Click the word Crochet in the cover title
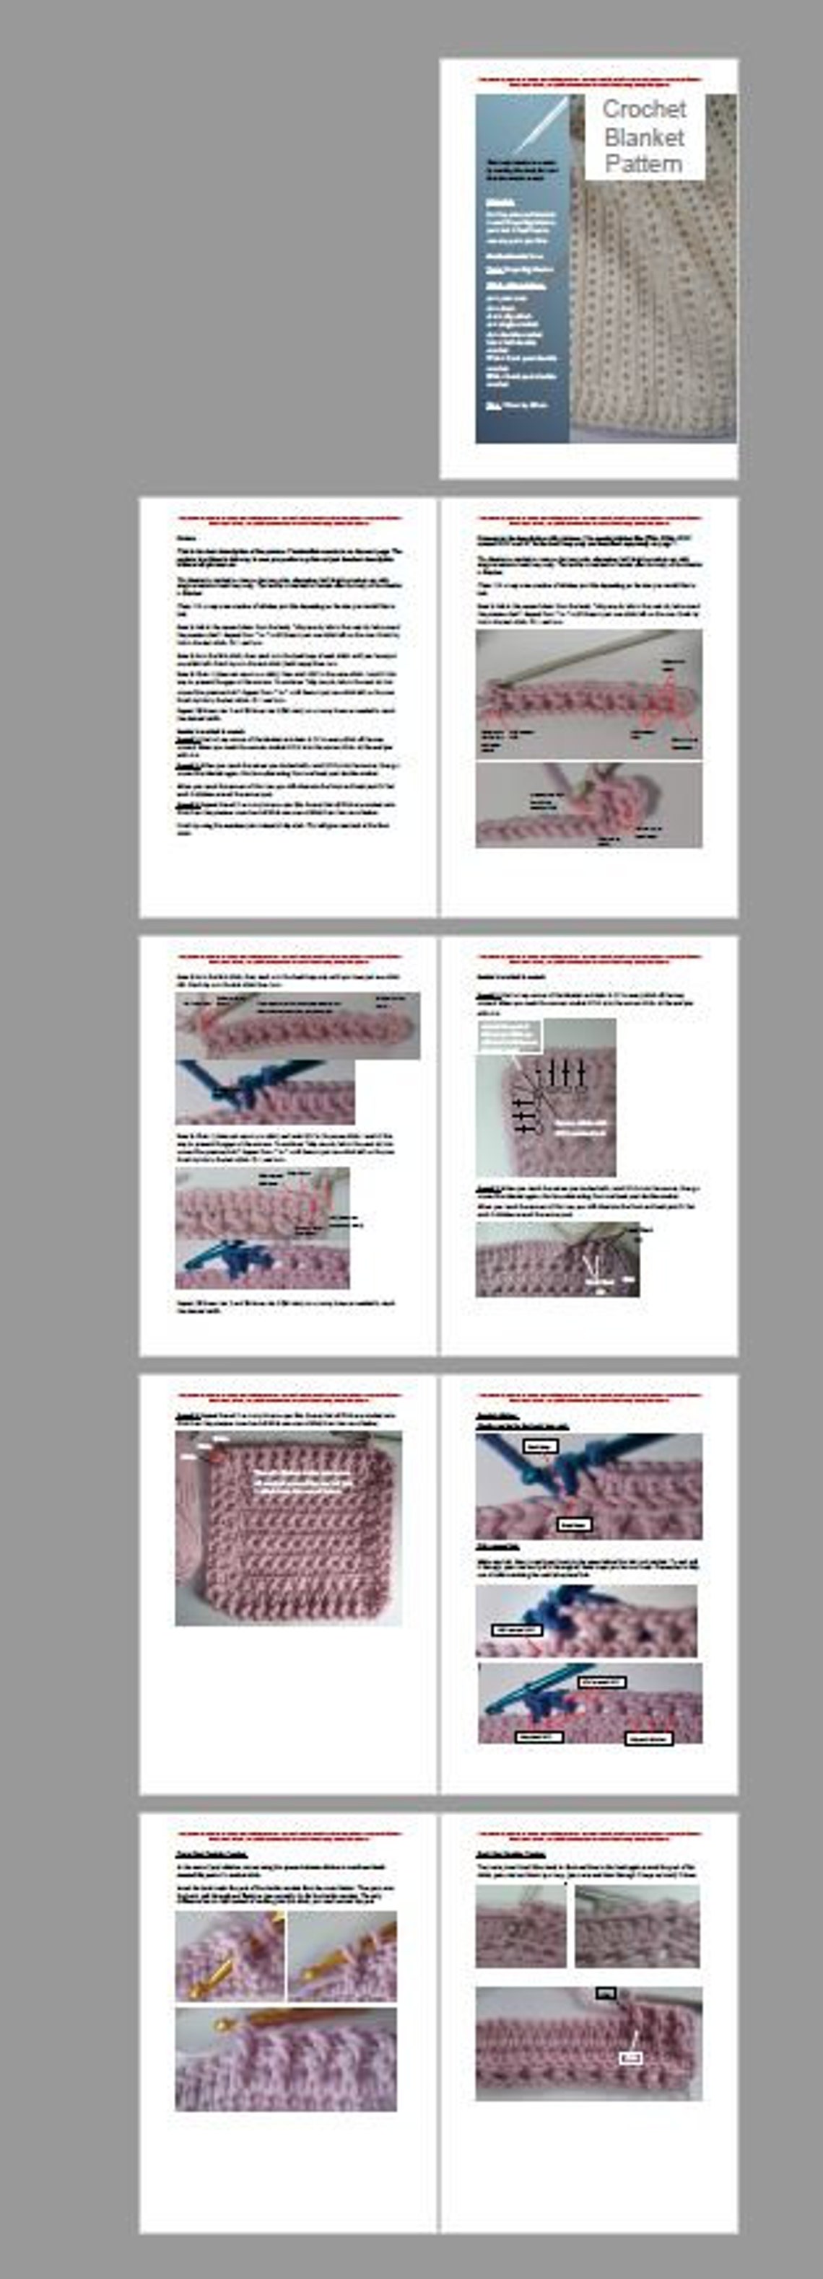point(643,109)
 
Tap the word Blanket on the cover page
point(644,137)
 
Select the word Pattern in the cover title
point(643,164)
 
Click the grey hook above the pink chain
point(602,654)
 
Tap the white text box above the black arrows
point(510,1036)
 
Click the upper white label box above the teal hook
point(539,1446)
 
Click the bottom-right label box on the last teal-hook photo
point(649,1739)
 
